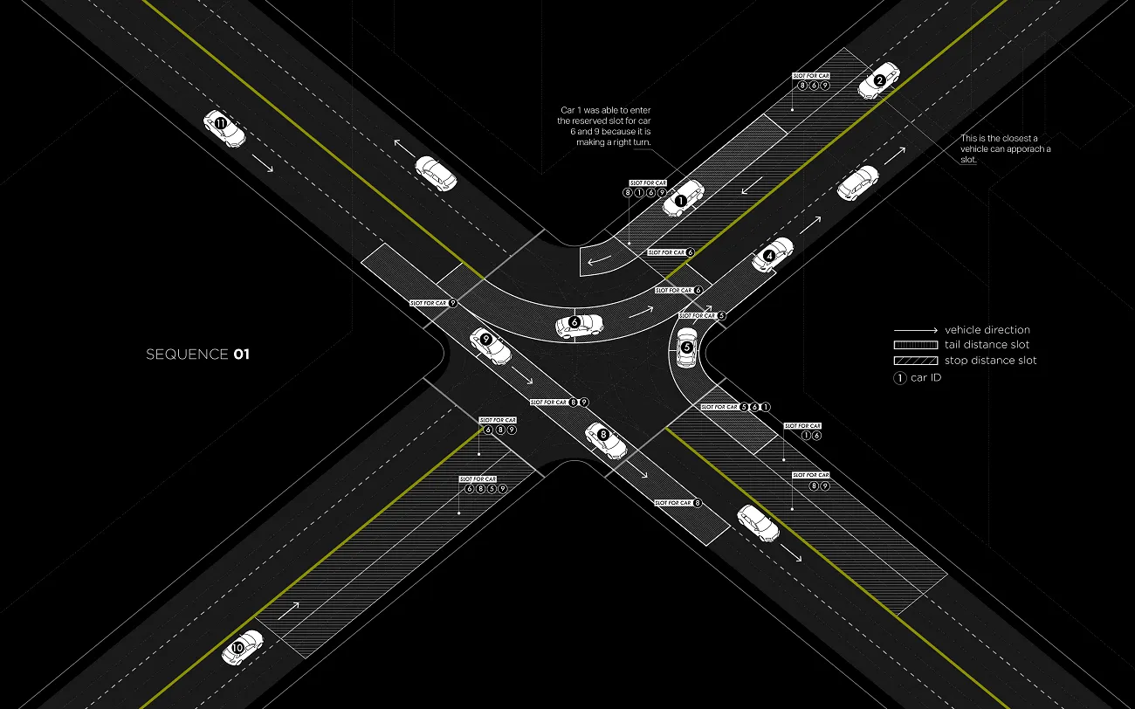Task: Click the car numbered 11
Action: coord(224,127)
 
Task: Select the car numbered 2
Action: coord(878,80)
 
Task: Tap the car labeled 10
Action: coord(242,647)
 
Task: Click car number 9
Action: coord(490,346)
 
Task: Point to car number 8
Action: coord(606,441)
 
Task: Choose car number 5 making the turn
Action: coord(687,348)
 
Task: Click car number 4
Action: coord(773,253)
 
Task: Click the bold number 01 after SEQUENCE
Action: coord(241,354)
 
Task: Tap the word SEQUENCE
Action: coord(187,354)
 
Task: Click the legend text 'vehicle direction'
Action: coord(987,330)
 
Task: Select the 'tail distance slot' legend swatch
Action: coord(913,345)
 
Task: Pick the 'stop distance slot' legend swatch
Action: coord(913,360)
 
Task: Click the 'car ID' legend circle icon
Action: coord(899,377)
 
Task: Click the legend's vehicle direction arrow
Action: coord(914,330)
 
